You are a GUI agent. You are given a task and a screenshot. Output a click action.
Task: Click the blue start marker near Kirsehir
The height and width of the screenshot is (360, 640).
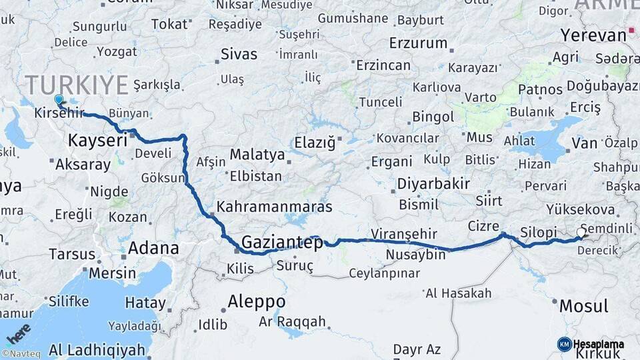coord(59,100)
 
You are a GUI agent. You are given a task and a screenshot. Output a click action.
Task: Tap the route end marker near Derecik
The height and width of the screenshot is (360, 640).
coord(580,233)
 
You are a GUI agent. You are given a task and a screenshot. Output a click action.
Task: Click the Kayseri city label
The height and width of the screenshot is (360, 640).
coord(97,141)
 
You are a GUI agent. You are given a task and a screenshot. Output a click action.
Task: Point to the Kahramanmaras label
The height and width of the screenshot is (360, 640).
coord(274,207)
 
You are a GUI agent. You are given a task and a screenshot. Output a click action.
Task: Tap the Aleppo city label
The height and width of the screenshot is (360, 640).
coord(256,301)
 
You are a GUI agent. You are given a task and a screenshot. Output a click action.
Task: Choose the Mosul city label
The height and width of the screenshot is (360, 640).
coord(583,307)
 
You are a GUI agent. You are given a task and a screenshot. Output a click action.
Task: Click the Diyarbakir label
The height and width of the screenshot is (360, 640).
coord(433,184)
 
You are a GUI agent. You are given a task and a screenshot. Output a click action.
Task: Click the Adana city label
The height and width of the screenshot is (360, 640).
coord(153,249)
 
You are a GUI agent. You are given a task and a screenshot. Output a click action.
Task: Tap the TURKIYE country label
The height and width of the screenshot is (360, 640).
coord(76,85)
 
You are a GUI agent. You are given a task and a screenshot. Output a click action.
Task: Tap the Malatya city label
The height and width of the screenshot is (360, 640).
coord(257,155)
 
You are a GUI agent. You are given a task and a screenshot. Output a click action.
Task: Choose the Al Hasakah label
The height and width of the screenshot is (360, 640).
coord(458,293)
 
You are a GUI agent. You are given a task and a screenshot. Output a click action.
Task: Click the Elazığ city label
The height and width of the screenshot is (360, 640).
coord(316,141)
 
